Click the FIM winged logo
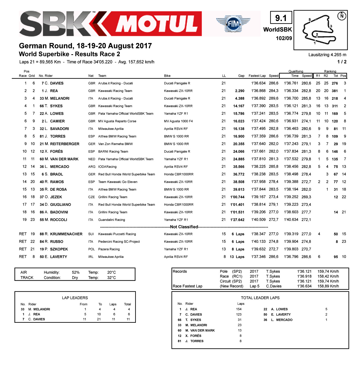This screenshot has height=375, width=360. tap(233, 24)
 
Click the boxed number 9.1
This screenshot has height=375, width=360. tap(281, 18)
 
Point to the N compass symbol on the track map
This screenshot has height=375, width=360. tap(342, 16)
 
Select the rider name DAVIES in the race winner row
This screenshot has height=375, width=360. tap(57, 83)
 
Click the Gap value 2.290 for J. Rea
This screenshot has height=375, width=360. tap(240, 91)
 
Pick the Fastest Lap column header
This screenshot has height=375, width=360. tap(257, 76)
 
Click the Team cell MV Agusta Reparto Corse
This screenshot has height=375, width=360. tap(117, 121)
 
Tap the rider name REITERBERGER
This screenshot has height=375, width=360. tap(65, 144)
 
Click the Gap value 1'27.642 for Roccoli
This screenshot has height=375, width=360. tap(237, 220)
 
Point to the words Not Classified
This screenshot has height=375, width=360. tap(184, 227)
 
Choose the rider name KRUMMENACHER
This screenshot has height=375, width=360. tap(66, 234)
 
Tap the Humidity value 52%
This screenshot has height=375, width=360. tap(76, 272)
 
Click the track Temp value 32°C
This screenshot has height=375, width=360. tap(111, 278)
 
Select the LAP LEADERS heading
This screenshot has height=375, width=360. tap(75, 298)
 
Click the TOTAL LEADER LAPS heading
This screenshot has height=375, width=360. tap(260, 298)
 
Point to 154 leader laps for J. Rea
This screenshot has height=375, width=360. tap(239, 309)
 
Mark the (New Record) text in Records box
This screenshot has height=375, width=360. tap(231, 286)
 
